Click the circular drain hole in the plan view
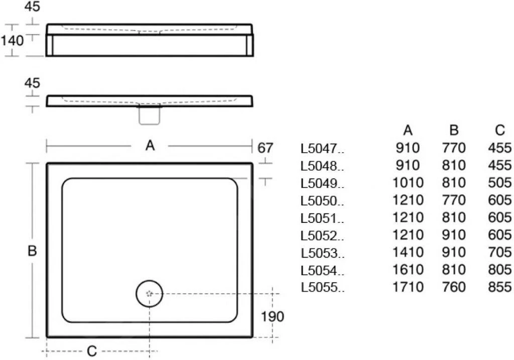coord(150,294)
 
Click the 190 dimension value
coord(273,317)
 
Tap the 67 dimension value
coord(266,148)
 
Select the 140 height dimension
coord(12,41)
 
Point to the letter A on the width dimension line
coord(150,146)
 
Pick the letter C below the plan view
coord(92,350)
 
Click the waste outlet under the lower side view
coord(150,115)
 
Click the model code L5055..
coord(322,288)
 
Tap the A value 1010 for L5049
coord(408,183)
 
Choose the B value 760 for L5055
coord(454,287)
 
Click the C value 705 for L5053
coord(499,252)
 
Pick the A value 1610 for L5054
coord(408,270)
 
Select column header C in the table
coord(499,131)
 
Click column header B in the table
coord(454,131)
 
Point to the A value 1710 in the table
coord(408,287)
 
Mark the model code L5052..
coord(322,235)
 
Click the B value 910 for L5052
coord(454,235)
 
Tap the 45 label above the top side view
coord(32,8)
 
